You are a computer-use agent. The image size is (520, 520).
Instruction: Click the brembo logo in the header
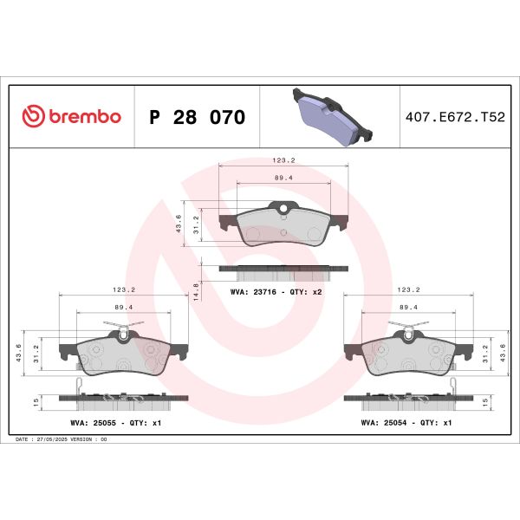tap(71, 117)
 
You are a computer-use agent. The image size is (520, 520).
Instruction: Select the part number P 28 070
tap(198, 117)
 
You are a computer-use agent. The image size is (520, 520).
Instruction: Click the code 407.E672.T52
tap(454, 117)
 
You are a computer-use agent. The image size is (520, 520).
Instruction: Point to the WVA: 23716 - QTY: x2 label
tap(276, 292)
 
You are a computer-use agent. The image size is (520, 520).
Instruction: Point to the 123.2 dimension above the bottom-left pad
tap(124, 290)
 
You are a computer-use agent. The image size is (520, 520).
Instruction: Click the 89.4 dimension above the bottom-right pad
tap(409, 308)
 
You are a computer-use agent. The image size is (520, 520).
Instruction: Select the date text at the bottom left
tap(62, 439)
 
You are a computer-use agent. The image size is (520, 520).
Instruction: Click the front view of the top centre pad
tap(283, 227)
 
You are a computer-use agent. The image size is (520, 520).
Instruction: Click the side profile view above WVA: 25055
tap(123, 400)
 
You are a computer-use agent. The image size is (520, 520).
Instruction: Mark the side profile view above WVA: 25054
tap(409, 400)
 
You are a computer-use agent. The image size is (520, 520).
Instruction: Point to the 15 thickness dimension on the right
tap(484, 400)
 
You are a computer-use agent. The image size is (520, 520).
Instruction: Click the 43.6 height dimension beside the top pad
tap(179, 224)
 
